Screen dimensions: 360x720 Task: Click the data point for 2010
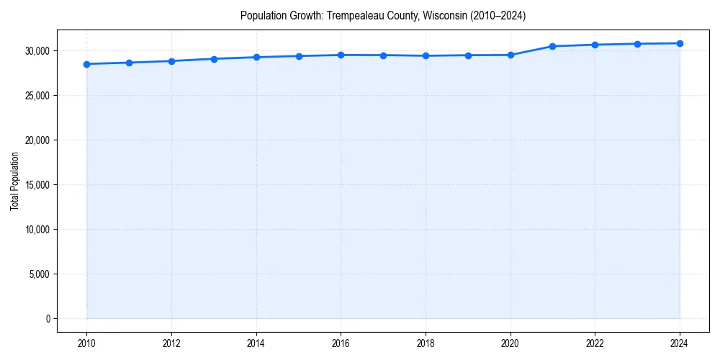click(x=86, y=64)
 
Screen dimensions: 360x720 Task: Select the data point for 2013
click(x=214, y=59)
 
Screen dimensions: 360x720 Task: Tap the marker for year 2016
click(x=341, y=55)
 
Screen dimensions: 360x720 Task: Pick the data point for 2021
click(x=552, y=46)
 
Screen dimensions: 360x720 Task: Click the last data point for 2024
click(x=680, y=43)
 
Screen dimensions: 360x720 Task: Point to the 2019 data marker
click(x=468, y=55)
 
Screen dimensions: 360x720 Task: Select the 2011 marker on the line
click(x=129, y=63)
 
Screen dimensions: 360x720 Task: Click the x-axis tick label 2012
click(x=171, y=343)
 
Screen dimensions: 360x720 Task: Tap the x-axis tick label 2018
click(x=426, y=343)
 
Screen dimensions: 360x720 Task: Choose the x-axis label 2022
click(x=595, y=343)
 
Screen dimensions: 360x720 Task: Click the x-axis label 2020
click(x=510, y=343)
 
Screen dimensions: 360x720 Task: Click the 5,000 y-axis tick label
click(x=38, y=274)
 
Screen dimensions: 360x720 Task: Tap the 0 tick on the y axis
click(x=47, y=319)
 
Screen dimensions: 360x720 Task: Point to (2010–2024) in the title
click(x=498, y=16)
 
